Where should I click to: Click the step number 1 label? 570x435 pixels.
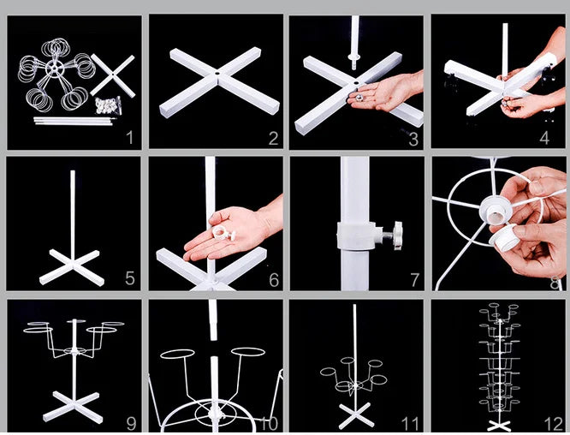point(129,137)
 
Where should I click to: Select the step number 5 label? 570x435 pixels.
point(129,278)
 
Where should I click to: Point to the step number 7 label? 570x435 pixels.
point(413,279)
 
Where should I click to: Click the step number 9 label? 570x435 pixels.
point(131,423)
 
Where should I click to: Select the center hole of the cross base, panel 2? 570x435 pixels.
point(219,75)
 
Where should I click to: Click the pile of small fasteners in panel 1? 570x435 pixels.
point(107,107)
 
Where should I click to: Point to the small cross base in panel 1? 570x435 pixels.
point(112,75)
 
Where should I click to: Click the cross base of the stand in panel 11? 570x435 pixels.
point(355,413)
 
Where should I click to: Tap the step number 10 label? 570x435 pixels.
point(269,423)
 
